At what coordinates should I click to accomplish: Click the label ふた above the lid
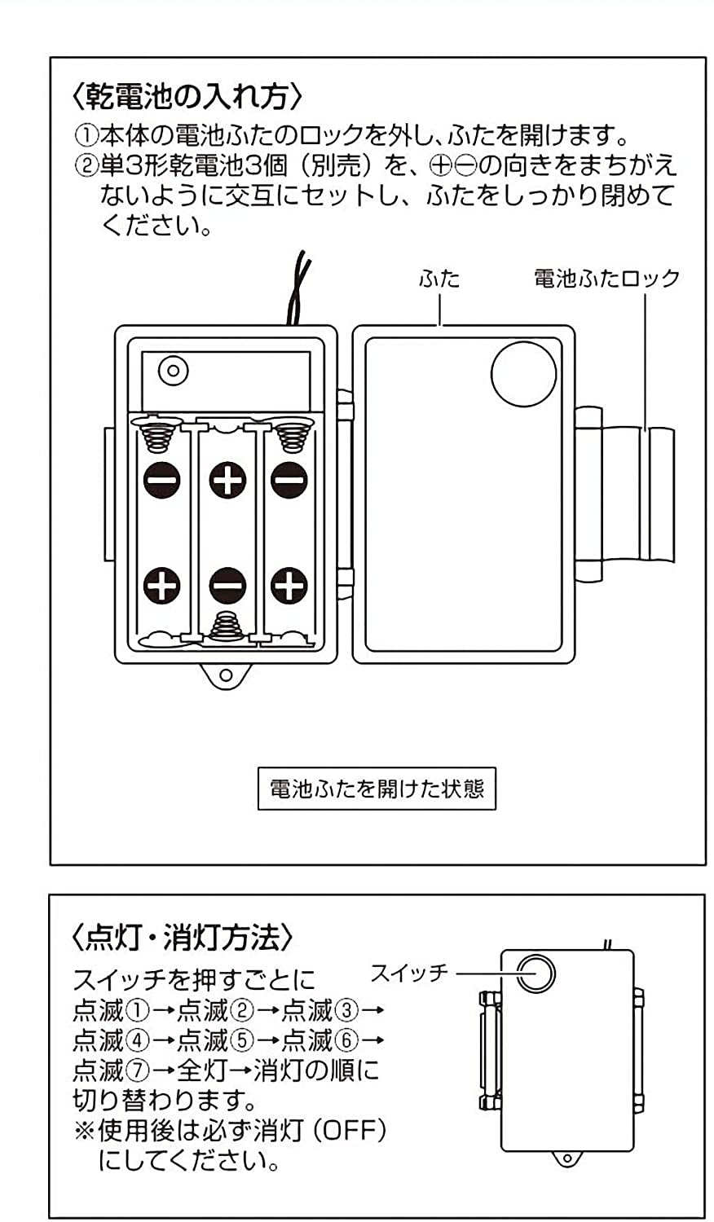click(439, 279)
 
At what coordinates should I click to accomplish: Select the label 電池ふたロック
click(606, 279)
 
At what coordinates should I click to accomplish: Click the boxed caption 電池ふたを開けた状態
click(377, 789)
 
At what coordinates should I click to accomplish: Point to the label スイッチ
click(409, 972)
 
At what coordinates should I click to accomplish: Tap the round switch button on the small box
click(535, 973)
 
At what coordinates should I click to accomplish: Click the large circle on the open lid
click(523, 373)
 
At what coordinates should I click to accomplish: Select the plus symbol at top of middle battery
click(228, 478)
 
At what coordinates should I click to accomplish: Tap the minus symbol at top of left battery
click(163, 478)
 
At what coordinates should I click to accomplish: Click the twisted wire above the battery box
click(297, 289)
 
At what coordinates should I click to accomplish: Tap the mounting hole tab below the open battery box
click(226, 675)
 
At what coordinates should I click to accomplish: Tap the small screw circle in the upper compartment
click(173, 371)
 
